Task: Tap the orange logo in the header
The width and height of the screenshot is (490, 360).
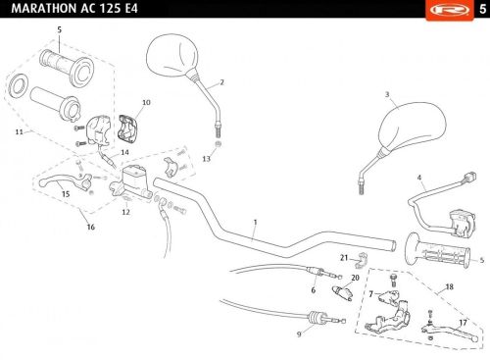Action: (x=450, y=10)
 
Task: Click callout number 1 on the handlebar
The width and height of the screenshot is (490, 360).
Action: (x=256, y=223)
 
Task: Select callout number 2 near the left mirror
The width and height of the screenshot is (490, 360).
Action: (x=222, y=82)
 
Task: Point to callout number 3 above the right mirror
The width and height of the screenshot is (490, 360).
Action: (x=387, y=94)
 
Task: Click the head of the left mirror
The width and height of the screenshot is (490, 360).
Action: (x=172, y=55)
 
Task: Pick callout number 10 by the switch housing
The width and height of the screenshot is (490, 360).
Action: (x=146, y=102)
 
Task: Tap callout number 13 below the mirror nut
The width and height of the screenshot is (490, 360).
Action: (x=207, y=159)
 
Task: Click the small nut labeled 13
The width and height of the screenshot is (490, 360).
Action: (x=218, y=143)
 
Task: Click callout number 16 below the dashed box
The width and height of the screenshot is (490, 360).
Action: (x=91, y=227)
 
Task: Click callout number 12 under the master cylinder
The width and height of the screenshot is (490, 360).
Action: (x=126, y=212)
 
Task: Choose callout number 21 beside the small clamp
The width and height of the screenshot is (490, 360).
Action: (x=344, y=258)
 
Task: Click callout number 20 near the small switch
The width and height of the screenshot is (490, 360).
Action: (x=355, y=278)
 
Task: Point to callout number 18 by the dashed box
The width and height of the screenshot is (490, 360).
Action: (x=450, y=286)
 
